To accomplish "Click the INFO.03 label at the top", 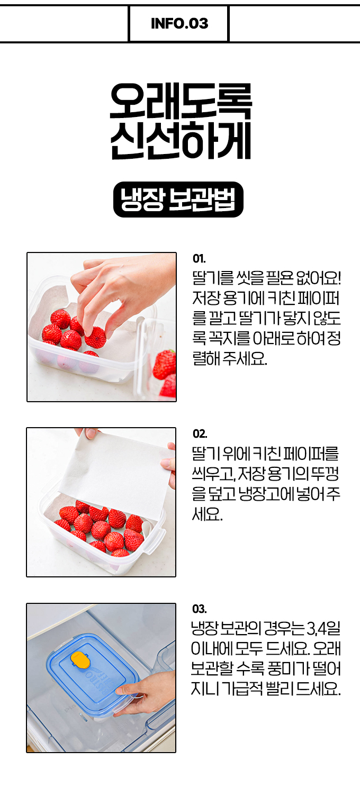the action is [x=179, y=24].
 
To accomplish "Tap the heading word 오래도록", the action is [x=181, y=101].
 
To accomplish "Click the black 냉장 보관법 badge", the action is [x=178, y=200].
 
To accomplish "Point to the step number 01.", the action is [x=199, y=259].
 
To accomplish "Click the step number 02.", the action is [x=200, y=434].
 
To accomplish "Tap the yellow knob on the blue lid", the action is [x=80, y=659].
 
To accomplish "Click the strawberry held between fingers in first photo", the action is [x=95, y=337].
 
